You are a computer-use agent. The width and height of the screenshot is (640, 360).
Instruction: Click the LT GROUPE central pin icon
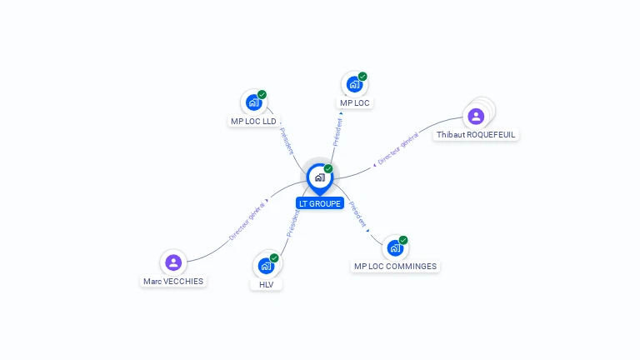click(x=319, y=177)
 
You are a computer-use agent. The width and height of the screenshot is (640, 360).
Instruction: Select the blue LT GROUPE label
click(x=320, y=203)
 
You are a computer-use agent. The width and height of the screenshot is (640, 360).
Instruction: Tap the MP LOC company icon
click(x=354, y=84)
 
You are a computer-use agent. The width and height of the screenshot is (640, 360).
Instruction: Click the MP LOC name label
click(x=355, y=103)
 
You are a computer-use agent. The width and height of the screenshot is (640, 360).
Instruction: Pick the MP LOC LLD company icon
click(x=253, y=102)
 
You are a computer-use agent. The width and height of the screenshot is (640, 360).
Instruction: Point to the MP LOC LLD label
click(x=253, y=121)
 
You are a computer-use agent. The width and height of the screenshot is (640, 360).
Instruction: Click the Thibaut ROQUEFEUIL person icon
click(x=476, y=116)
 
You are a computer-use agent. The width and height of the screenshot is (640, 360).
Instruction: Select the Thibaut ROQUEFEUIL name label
click(x=476, y=134)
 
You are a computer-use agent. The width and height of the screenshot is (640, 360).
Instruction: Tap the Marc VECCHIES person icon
click(x=173, y=262)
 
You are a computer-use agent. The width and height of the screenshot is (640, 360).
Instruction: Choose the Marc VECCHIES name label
click(x=173, y=282)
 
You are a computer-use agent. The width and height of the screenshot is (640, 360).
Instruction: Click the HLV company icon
click(x=266, y=266)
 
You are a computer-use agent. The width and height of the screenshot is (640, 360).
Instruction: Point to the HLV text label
click(x=266, y=284)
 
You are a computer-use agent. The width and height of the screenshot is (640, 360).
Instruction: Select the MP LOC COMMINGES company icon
click(x=395, y=247)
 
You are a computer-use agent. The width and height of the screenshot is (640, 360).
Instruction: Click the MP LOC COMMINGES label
click(x=395, y=267)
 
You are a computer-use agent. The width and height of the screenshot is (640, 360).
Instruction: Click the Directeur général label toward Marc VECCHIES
click(x=247, y=221)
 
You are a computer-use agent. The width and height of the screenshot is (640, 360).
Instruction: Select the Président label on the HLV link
click(x=292, y=222)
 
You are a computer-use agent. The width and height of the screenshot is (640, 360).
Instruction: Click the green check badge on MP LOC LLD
click(x=262, y=95)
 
